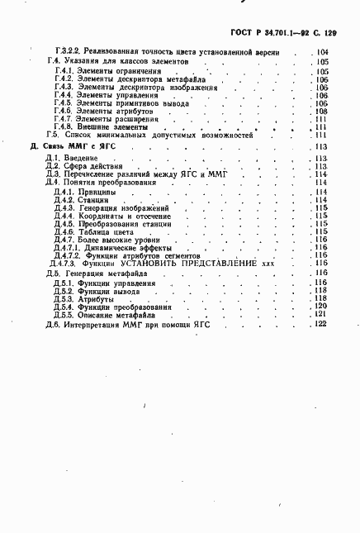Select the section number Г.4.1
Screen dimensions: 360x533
click(x=65, y=72)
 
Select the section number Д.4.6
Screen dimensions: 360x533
click(x=64, y=232)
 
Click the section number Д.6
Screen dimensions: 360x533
click(x=53, y=325)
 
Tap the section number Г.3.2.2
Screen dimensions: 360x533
click(x=66, y=52)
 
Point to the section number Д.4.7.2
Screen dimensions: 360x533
click(x=67, y=256)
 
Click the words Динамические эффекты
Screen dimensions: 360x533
click(x=126, y=248)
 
